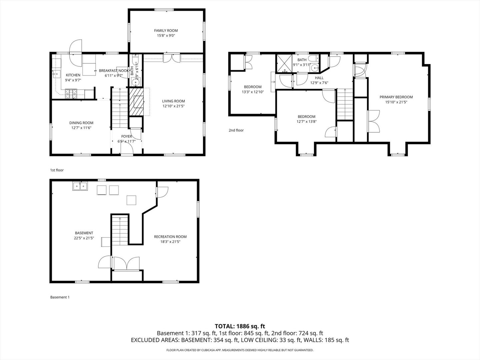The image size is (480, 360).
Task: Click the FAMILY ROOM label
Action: tap(166, 31)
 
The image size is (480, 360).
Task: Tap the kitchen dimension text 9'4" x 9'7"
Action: tap(73, 80)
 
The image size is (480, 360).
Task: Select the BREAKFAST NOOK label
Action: tap(114, 71)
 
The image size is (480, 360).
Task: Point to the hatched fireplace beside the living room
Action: tap(137, 102)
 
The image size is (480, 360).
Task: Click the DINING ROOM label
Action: tap(81, 123)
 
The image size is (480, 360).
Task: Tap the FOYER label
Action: tap(126, 136)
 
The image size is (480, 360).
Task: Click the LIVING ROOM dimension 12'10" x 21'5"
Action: tap(173, 106)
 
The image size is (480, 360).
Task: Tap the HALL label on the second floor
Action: tap(319, 78)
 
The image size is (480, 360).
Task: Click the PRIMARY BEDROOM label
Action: tap(396, 97)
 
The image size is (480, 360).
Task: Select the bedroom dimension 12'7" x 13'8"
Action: tap(306, 122)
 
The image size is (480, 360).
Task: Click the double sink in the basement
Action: tap(80, 186)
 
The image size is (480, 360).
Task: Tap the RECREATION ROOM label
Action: tap(170, 237)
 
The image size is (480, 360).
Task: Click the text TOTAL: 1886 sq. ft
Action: tap(240, 326)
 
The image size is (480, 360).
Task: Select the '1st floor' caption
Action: tap(57, 170)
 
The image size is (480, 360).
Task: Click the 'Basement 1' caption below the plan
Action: tap(60, 297)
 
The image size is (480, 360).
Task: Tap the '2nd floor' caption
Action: tap(236, 130)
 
